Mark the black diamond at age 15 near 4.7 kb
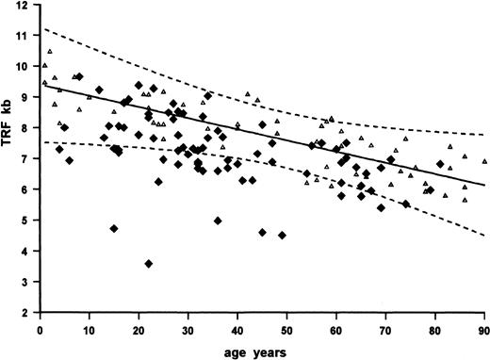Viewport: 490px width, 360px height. [x=114, y=228]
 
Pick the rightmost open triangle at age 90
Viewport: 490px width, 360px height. [x=483, y=161]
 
